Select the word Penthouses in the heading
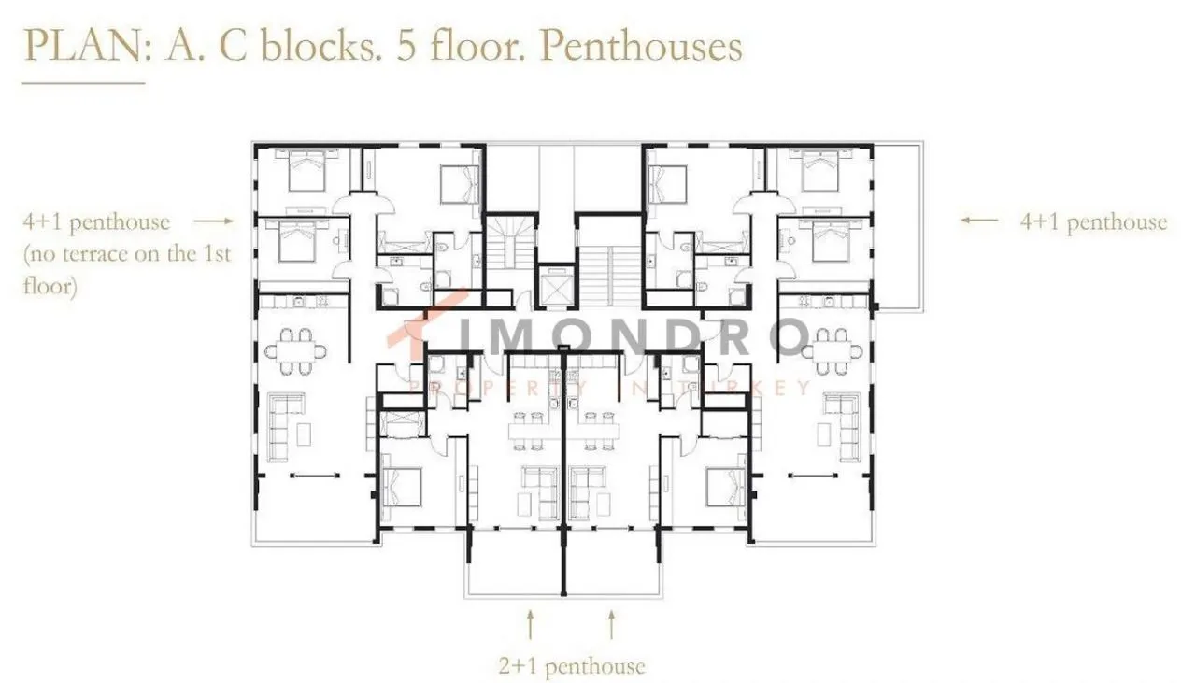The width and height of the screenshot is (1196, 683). click(x=641, y=47)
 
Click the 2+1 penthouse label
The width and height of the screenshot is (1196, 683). click(x=572, y=666)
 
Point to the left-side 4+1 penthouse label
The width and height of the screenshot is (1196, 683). click(x=96, y=221)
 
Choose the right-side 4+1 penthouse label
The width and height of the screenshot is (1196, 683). click(x=1093, y=221)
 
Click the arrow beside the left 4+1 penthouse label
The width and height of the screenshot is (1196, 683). click(x=214, y=221)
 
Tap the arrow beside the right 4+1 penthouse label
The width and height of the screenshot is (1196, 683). click(x=979, y=220)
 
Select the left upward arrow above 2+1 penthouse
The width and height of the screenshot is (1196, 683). click(x=530, y=624)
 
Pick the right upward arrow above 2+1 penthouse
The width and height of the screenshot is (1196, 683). click(x=612, y=624)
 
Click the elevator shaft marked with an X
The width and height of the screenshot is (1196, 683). click(x=556, y=287)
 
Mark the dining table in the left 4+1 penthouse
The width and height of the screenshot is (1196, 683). click(x=296, y=351)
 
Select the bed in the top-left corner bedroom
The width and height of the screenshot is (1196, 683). click(x=306, y=170)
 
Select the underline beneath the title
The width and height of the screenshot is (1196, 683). click(x=83, y=83)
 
